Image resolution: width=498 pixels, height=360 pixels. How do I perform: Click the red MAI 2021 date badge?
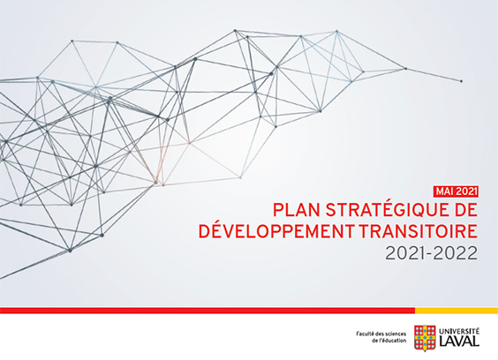pyautogui.click(x=456, y=191)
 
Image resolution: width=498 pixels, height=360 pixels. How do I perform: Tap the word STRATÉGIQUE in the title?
pyautogui.click(x=384, y=210)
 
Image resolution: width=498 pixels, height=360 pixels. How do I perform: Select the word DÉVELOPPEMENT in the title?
pyautogui.click(x=275, y=231)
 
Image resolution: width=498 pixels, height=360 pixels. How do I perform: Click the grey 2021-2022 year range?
pyautogui.click(x=431, y=253)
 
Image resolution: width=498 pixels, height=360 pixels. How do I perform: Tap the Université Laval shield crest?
pyautogui.click(x=425, y=338)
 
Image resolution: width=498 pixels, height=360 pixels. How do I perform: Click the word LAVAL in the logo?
pyautogui.click(x=459, y=341)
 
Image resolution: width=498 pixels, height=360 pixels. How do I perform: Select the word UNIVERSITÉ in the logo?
pyautogui.click(x=459, y=331)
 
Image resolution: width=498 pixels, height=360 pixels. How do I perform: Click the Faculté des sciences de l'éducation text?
pyautogui.click(x=381, y=337)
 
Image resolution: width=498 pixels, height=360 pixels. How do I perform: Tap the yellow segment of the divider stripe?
pyautogui.click(x=456, y=311)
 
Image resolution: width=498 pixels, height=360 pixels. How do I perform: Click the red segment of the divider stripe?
pyautogui.click(x=207, y=311)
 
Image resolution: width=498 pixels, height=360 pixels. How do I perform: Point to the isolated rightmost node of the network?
pyautogui.click(x=461, y=81)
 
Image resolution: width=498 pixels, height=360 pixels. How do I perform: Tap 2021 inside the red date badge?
pyautogui.click(x=466, y=191)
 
